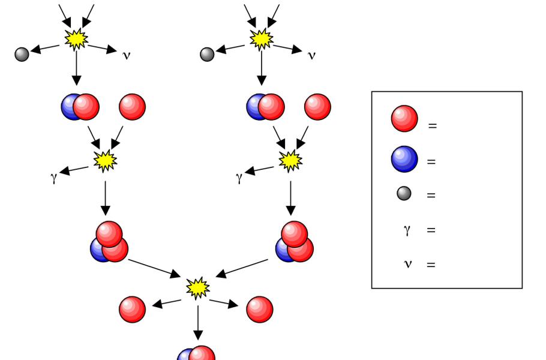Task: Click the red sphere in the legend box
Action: click(x=404, y=118)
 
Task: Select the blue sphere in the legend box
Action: click(x=404, y=158)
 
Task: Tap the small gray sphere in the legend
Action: click(x=404, y=193)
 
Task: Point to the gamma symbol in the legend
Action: click(x=407, y=229)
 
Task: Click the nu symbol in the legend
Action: click(x=407, y=263)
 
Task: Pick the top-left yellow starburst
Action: click(x=76, y=39)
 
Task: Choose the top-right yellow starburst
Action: click(x=262, y=39)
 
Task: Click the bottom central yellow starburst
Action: click(x=197, y=288)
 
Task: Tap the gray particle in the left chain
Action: click(x=22, y=55)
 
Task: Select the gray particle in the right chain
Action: click(x=208, y=55)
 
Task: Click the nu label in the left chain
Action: click(x=126, y=56)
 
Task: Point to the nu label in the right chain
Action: click(x=311, y=56)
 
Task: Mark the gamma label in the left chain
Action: click(x=53, y=178)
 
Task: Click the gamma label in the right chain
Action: click(x=239, y=178)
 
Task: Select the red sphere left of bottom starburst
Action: click(x=132, y=309)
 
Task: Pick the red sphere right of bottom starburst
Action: click(x=260, y=309)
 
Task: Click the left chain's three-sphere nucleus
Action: click(x=109, y=242)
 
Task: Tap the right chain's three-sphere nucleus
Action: click(x=294, y=242)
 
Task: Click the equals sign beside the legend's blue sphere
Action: click(x=431, y=162)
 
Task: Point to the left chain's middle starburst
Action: click(x=105, y=160)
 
